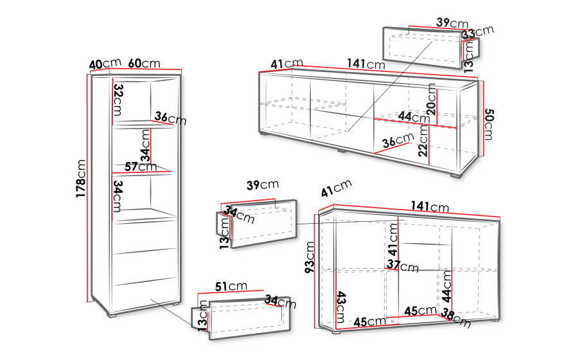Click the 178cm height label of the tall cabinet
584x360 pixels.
[x=81, y=179]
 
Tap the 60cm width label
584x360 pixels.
[x=144, y=64]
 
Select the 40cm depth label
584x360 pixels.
[x=105, y=64]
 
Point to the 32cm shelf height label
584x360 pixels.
[x=118, y=100]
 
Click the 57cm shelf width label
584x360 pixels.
[x=141, y=166]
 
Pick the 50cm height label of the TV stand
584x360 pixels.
[x=488, y=125]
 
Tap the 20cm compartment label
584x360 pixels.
[x=431, y=99]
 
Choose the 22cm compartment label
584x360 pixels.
[x=423, y=141]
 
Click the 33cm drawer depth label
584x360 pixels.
[x=478, y=32]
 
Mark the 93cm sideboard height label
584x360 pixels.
[x=310, y=257]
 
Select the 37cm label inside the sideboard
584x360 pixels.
[x=403, y=265]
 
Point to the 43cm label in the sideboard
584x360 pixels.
[x=341, y=307]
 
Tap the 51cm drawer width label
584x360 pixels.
[x=231, y=286]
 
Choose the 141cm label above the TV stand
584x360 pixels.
[x=366, y=64]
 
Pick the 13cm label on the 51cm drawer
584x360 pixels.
[x=202, y=316]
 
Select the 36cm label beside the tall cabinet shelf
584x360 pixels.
[x=171, y=118]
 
